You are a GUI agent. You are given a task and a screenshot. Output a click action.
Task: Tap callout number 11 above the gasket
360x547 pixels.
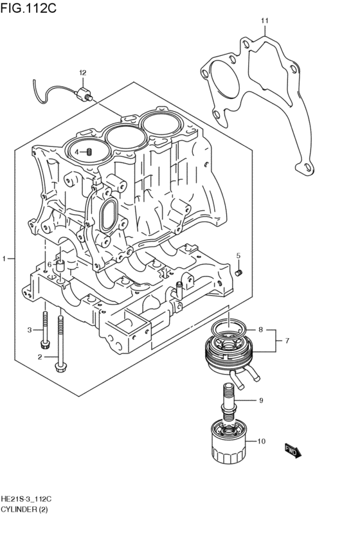(x=264, y=22)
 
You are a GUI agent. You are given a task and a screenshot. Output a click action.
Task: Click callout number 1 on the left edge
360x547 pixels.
(x=4, y=258)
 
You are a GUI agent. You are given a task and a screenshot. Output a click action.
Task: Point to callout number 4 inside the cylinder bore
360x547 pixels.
(x=76, y=152)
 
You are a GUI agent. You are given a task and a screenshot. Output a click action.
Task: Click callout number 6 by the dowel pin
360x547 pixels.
(x=49, y=264)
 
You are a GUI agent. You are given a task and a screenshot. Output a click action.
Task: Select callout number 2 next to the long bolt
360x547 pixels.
(x=39, y=357)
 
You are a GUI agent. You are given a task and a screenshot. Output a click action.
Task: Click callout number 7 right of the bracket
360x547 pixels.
(x=287, y=340)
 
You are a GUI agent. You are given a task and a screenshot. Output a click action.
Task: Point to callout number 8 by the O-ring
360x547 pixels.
(x=260, y=330)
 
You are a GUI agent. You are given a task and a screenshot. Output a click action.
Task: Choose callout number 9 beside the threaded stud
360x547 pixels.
(x=261, y=401)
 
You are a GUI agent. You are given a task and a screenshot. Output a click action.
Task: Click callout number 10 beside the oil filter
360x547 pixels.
(x=261, y=441)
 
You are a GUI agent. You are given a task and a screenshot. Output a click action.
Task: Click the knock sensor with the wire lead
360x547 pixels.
(x=82, y=94)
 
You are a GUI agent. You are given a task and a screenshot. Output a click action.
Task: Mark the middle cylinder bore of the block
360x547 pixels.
(x=124, y=135)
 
